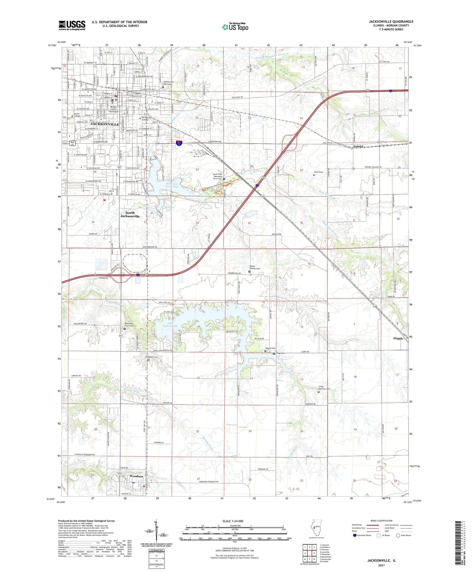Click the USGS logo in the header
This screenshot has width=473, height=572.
click(x=72, y=25)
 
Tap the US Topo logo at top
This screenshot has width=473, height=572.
click(x=235, y=27)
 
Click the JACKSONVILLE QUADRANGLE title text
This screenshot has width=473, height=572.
click(x=387, y=21)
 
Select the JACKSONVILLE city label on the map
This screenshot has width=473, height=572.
click(x=105, y=124)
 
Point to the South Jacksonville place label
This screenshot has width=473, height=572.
click(x=130, y=215)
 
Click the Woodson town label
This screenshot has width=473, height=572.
click(x=136, y=476)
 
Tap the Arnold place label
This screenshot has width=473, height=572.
click(x=358, y=146)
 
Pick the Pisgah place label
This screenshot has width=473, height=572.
click(x=398, y=338)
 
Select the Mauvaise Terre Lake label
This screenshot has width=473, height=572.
click(x=172, y=185)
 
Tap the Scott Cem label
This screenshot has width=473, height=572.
click(x=318, y=172)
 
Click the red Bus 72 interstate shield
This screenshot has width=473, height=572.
click(x=179, y=143)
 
